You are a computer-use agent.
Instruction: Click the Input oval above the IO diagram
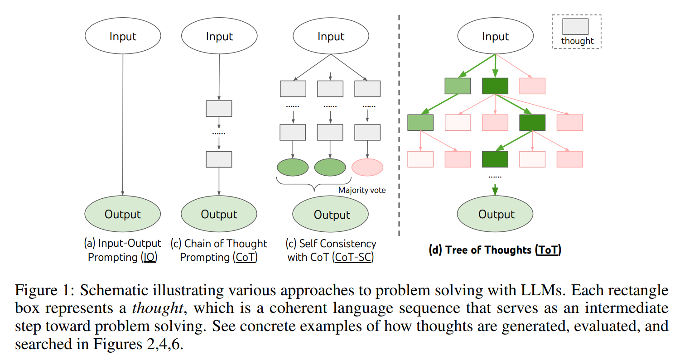coord(123,36)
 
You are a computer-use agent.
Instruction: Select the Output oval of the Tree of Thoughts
coord(495,214)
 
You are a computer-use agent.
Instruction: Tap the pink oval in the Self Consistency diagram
coord(367,167)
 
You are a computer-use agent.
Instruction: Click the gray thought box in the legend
coord(575,26)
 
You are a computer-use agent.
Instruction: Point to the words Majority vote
coord(362,190)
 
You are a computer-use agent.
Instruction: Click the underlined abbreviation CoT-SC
coord(353,257)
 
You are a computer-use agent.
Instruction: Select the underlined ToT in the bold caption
coord(548,250)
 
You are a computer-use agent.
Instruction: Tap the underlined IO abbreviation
coord(149,257)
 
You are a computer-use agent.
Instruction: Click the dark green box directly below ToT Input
coord(495,86)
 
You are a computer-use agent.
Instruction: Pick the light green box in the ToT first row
coord(458,86)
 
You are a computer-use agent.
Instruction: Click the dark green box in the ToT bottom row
coord(495,159)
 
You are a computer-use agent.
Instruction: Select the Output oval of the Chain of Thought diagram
coord(219,214)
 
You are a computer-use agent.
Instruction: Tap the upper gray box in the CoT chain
coord(219,109)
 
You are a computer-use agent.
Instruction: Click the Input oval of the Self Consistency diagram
coord(331,36)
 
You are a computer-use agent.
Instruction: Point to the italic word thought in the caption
coord(158,308)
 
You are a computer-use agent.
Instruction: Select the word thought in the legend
coord(578,41)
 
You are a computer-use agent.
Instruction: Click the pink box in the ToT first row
coord(532,86)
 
